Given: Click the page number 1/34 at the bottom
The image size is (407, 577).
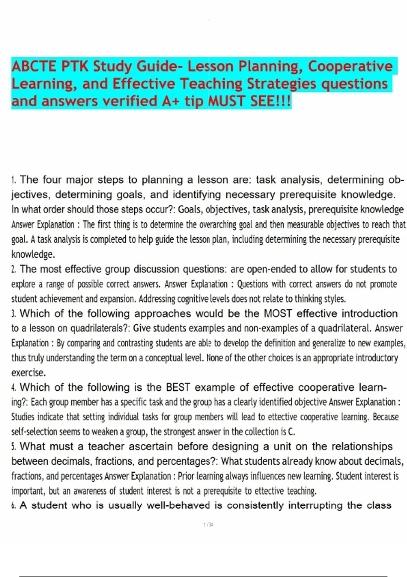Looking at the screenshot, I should tap(208, 525).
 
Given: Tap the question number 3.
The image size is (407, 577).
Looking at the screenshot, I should tap(14, 314).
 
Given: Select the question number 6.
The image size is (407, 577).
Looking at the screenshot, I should tap(14, 506).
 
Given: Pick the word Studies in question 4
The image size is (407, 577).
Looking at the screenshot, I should tap(23, 417).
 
